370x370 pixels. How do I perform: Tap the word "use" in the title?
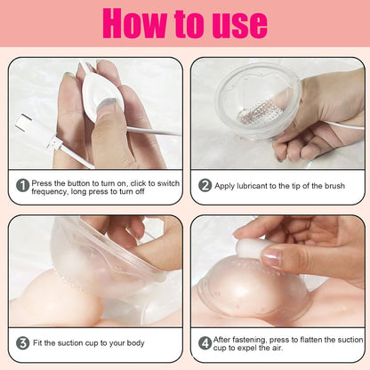236,24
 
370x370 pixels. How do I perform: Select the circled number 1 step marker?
20,185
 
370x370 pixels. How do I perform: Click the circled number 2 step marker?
205,185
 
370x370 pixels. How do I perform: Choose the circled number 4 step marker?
205,342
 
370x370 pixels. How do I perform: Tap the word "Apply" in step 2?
228,185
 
